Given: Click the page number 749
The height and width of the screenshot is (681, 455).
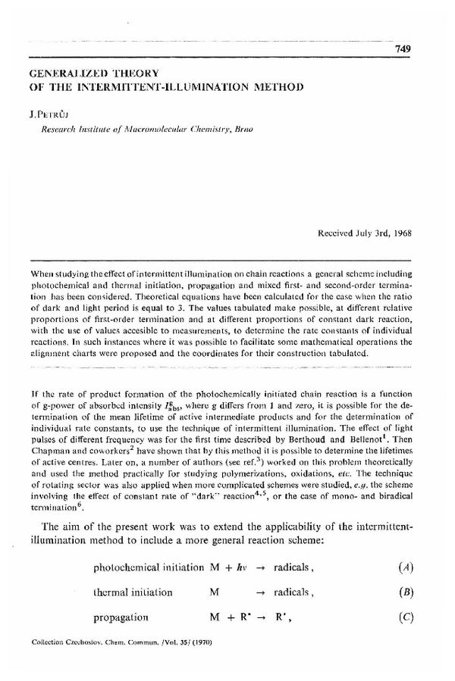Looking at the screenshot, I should [402, 48].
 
